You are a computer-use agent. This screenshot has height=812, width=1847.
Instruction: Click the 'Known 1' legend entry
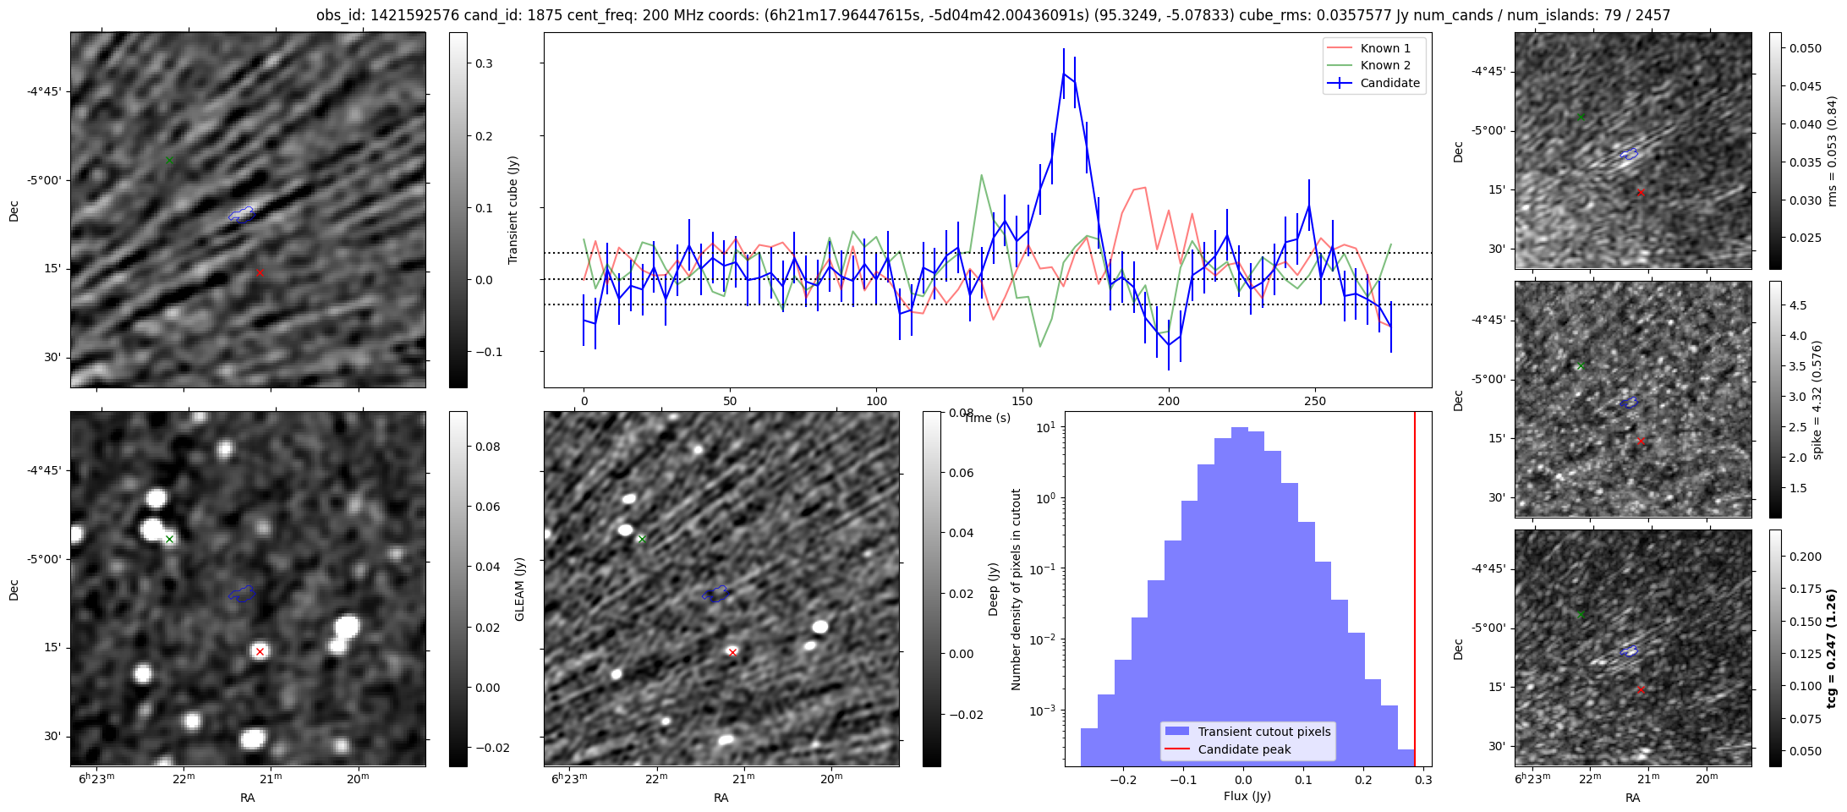click(x=1385, y=48)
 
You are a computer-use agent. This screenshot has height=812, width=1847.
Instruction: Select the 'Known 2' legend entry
click(x=1385, y=65)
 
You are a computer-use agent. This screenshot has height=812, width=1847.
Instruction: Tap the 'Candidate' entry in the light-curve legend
click(x=1389, y=83)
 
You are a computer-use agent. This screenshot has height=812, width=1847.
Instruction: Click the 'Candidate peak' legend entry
click(x=1244, y=749)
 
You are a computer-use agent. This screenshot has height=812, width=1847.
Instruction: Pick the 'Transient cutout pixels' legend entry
click(x=1263, y=732)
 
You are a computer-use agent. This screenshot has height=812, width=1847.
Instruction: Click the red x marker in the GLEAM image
click(x=260, y=651)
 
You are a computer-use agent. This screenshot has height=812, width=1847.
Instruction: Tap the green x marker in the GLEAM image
click(x=169, y=539)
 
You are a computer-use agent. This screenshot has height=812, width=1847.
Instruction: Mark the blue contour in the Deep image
click(x=715, y=594)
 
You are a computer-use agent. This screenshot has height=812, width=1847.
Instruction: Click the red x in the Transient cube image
click(x=260, y=272)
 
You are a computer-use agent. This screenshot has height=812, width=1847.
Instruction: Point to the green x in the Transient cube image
click(x=169, y=160)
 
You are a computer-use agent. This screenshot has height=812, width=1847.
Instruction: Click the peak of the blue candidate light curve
click(x=1064, y=73)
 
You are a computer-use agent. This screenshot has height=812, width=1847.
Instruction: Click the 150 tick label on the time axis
click(x=1022, y=401)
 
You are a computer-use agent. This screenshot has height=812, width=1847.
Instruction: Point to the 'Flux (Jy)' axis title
click(x=1247, y=796)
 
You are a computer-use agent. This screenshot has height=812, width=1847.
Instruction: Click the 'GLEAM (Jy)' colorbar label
click(x=520, y=589)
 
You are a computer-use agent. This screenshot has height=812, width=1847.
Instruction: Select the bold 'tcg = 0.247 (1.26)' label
click(x=1831, y=648)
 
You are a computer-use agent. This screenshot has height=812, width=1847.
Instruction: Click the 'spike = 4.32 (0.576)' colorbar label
click(x=1817, y=399)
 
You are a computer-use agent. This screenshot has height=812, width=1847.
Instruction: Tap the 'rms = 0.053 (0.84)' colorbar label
click(x=1832, y=151)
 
